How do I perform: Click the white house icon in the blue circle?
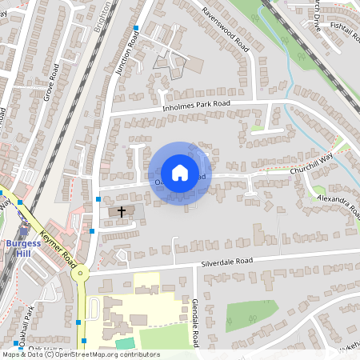click(180, 173)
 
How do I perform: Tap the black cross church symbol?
click(122, 212)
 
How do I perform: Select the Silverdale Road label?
click(226, 262)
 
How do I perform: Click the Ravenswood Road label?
click(226, 30)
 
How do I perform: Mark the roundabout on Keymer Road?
click(80, 273)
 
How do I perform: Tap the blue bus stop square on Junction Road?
click(136, 29)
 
